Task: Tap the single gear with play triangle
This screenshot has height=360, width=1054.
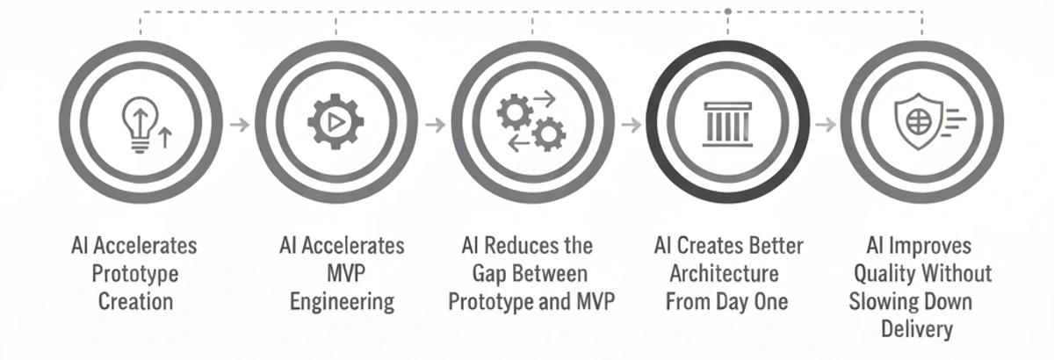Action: pos(336,123)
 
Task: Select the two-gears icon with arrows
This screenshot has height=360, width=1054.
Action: pos(531,123)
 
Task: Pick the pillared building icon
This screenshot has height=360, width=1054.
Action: pos(727,123)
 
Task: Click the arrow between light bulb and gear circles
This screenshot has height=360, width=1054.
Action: pos(239,124)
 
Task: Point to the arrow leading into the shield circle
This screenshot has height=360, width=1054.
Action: pos(824,124)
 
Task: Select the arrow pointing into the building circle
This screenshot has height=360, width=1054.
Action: pos(630,124)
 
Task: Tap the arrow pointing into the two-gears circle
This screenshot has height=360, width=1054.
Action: pos(435,124)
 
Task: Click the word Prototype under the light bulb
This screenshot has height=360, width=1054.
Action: pos(134,274)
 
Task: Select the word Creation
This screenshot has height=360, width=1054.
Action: pos(134,302)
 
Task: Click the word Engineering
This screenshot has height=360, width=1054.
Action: pos(342,302)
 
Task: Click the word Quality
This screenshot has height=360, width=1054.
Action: pos(886,273)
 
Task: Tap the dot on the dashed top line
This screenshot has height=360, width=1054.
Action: pos(728,11)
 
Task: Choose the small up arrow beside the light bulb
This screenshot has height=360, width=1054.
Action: pos(164,136)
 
